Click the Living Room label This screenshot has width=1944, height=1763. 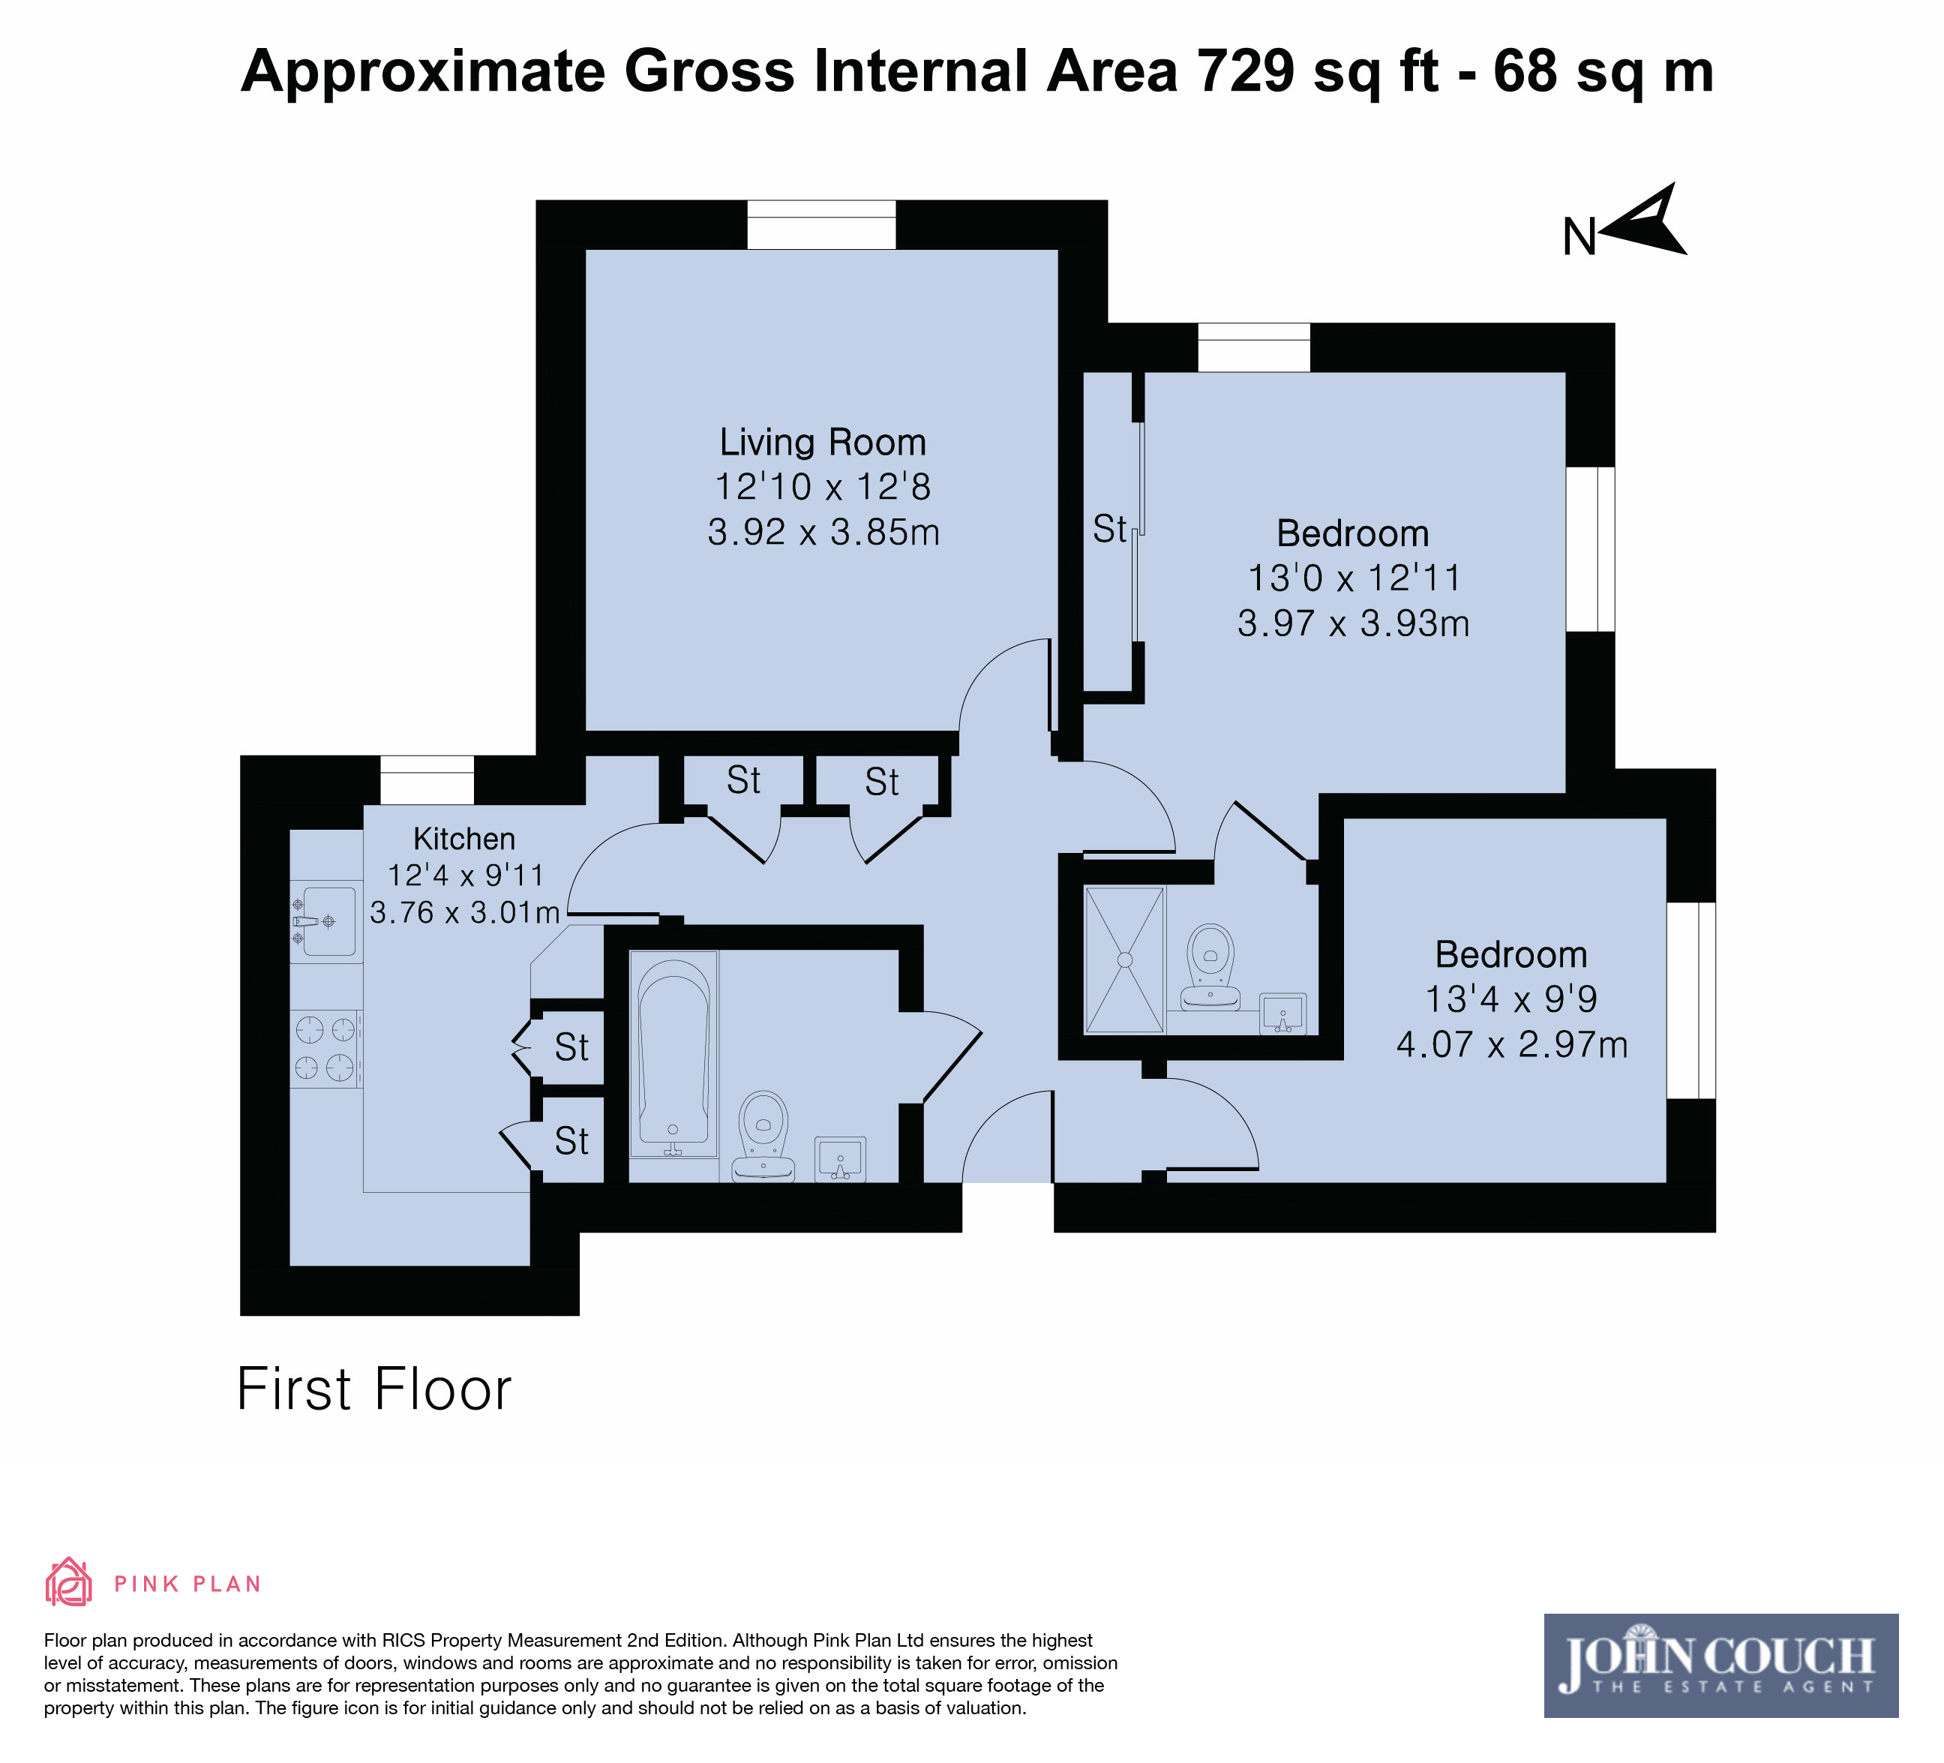coord(823,443)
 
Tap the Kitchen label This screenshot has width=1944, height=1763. coord(463,839)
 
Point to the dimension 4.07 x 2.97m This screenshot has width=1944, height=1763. coord(1511,1044)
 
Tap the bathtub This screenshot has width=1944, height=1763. coord(673,1054)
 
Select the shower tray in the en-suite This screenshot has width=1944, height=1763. coord(1124,960)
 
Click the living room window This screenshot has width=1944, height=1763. coord(821,225)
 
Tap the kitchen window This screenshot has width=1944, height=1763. coord(427,779)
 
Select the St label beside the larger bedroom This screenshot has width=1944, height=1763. coord(1109,528)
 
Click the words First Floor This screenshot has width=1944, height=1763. coord(374,1389)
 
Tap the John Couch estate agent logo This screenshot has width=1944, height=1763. coord(1721,1665)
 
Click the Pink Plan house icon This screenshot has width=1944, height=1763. coord(68,1581)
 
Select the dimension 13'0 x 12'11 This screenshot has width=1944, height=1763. coord(1354,578)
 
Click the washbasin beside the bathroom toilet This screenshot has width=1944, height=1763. coord(840,1158)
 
